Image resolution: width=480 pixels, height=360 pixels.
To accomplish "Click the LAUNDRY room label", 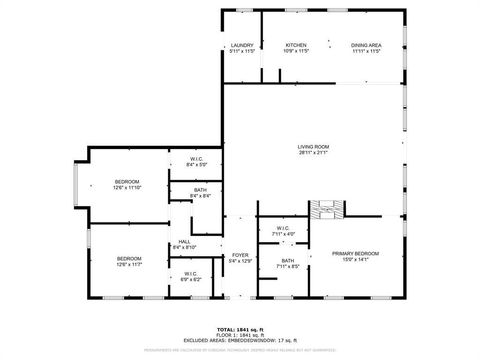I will pyautogui.click(x=241, y=45).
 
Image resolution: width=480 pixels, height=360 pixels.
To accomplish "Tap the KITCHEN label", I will pyautogui.click(x=296, y=45).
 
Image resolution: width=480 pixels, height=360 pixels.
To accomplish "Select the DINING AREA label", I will pyautogui.click(x=366, y=45).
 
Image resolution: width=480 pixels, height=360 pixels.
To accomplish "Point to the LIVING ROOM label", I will pyautogui.click(x=313, y=147).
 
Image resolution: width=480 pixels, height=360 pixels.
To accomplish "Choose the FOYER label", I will pyautogui.click(x=240, y=255).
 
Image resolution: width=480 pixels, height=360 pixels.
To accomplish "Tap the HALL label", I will pyautogui.click(x=185, y=242).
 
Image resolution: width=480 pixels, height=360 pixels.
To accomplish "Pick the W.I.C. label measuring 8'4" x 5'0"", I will pyautogui.click(x=199, y=161).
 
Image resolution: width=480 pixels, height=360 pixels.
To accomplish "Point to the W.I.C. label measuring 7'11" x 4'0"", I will pyautogui.click(x=283, y=230).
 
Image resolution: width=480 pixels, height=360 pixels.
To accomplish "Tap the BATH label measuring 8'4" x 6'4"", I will pyautogui.click(x=200, y=192).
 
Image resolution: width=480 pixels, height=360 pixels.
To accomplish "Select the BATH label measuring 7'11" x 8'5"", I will pyautogui.click(x=287, y=263).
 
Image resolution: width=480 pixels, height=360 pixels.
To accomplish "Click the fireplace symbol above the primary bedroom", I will pyautogui.click(x=327, y=209).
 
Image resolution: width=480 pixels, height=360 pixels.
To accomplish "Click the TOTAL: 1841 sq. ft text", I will pyautogui.click(x=240, y=329).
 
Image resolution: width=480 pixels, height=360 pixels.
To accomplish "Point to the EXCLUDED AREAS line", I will pyautogui.click(x=240, y=340).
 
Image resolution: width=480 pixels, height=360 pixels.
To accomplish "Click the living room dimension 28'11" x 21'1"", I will pyautogui.click(x=313, y=152).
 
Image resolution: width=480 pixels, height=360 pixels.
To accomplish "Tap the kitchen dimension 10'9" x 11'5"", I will pyautogui.click(x=296, y=50).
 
